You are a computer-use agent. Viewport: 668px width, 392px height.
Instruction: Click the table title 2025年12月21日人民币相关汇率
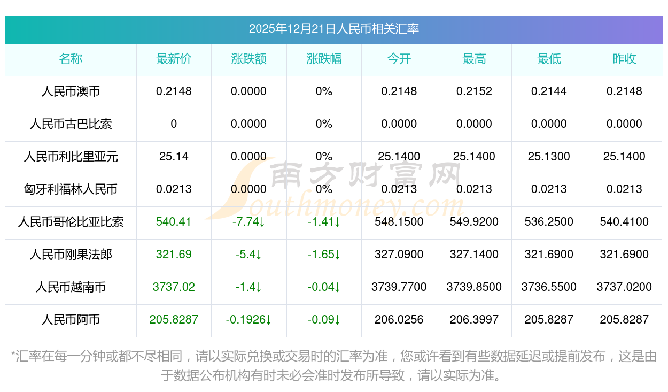click(x=334, y=29)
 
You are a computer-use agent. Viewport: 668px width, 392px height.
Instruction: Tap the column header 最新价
click(x=174, y=59)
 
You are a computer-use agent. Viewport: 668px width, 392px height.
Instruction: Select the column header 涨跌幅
click(x=324, y=59)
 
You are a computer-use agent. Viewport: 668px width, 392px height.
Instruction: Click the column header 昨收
click(x=624, y=59)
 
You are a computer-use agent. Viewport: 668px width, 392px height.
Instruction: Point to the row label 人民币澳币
click(x=71, y=91)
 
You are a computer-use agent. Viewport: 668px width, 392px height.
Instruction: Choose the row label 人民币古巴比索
click(x=71, y=124)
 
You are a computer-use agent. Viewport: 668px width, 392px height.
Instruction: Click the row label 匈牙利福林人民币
click(x=71, y=189)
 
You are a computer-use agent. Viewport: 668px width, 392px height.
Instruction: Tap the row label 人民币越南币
click(x=71, y=287)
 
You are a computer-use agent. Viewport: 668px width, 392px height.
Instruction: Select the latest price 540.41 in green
click(x=174, y=222)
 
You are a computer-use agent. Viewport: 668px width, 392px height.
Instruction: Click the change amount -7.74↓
click(x=249, y=222)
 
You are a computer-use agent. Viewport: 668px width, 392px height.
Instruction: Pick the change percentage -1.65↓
click(x=324, y=255)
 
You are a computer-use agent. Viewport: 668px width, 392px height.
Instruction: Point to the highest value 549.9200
click(x=474, y=222)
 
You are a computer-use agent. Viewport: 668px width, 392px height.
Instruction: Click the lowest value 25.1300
click(x=549, y=157)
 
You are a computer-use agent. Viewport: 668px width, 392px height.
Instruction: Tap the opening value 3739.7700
click(x=399, y=287)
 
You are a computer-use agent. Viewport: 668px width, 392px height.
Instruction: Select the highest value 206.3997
click(x=474, y=320)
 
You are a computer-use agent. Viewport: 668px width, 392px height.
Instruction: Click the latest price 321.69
click(x=174, y=255)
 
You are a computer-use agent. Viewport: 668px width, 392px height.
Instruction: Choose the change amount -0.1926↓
click(x=249, y=320)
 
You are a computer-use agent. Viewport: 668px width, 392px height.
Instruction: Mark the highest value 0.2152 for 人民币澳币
click(x=474, y=91)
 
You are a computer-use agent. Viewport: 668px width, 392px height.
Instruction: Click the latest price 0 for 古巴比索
click(x=174, y=124)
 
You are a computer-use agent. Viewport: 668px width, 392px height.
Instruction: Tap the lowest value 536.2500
click(x=549, y=222)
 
